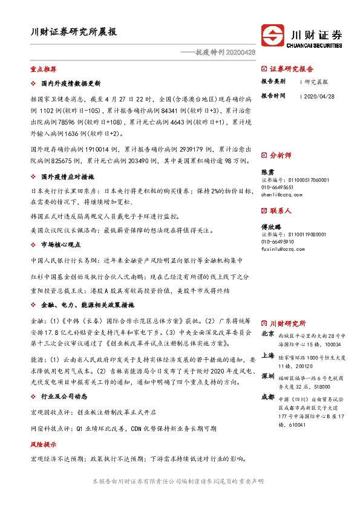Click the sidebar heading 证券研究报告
(292, 69)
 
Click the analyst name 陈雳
(267, 172)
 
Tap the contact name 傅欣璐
(270, 227)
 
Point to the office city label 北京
(267, 334)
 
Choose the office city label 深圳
(267, 376)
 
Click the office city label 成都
(267, 397)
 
